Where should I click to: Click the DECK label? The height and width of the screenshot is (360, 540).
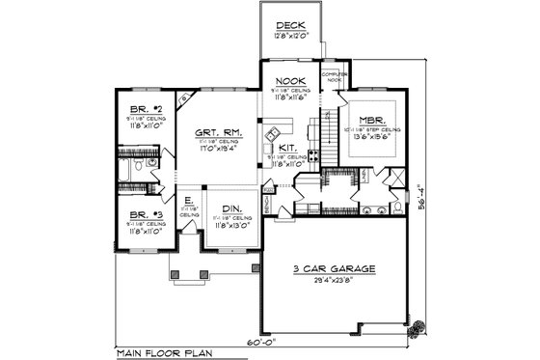pyautogui.click(x=290, y=25)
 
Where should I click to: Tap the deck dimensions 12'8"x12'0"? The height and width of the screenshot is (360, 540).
pyautogui.click(x=290, y=35)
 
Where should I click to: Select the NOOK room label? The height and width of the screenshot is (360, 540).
pyautogui.click(x=290, y=81)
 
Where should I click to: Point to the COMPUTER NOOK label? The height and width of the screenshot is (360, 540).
pyautogui.click(x=333, y=76)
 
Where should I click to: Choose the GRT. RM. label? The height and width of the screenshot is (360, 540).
pyautogui.click(x=218, y=133)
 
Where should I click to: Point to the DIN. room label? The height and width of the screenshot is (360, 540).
pyautogui.click(x=232, y=208)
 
